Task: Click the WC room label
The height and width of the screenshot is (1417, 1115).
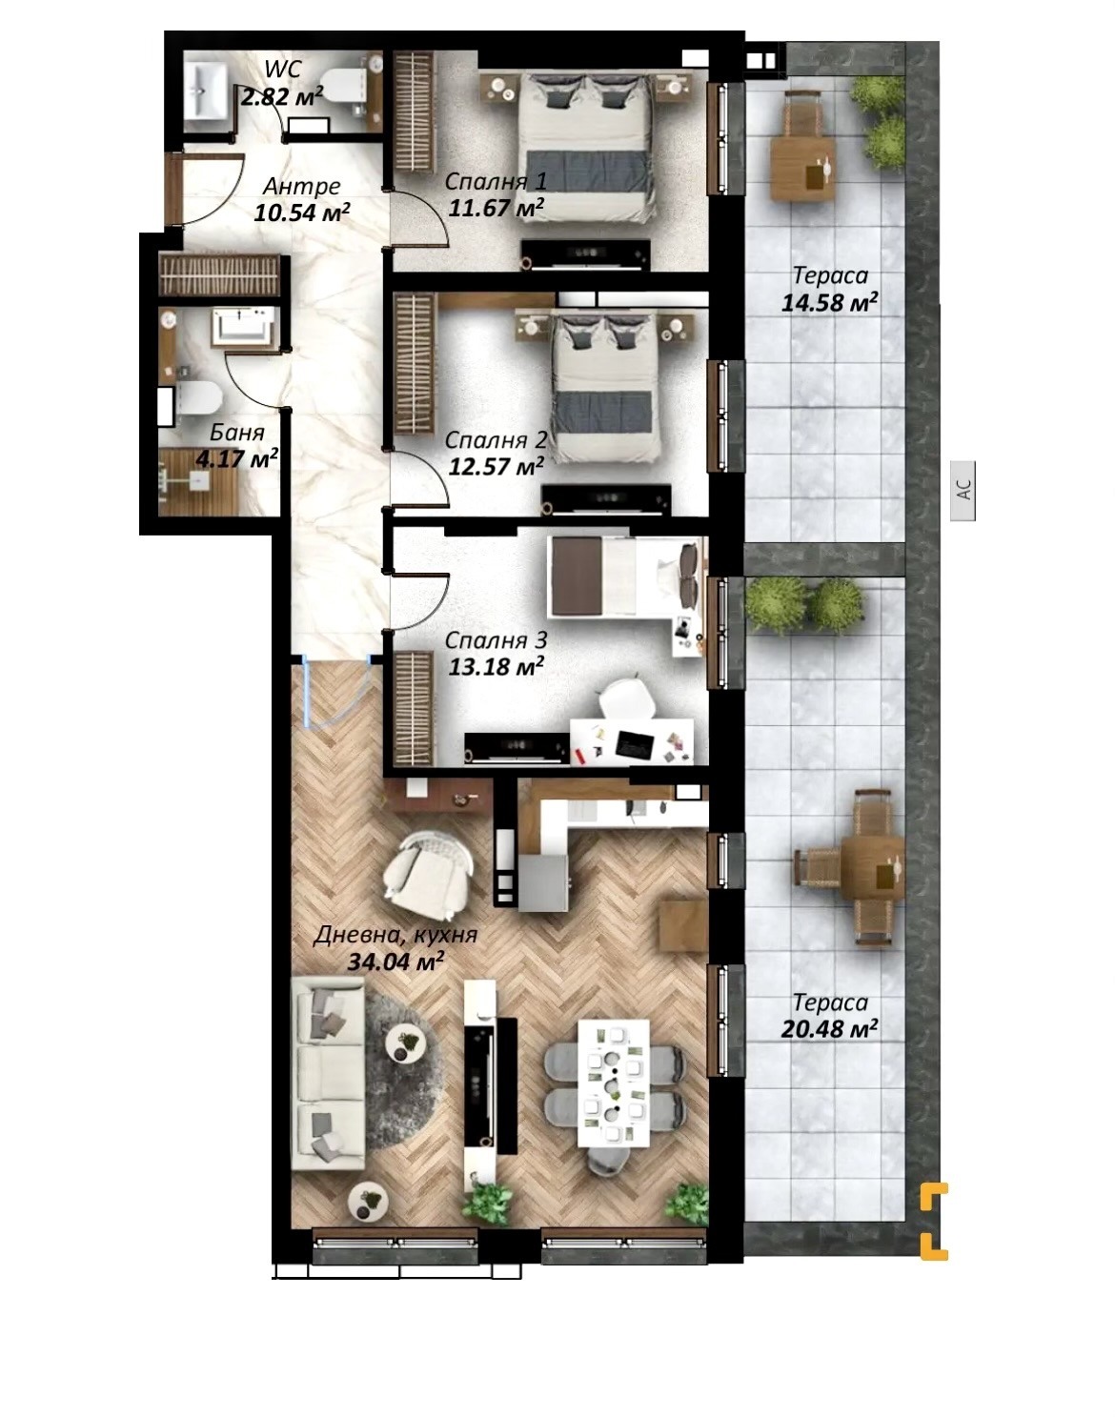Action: coord(282,69)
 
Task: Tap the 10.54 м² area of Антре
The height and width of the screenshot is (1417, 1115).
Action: coord(302,213)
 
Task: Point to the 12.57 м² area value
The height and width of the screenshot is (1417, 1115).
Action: coord(496,466)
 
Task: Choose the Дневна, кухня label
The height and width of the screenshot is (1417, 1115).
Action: coord(395,935)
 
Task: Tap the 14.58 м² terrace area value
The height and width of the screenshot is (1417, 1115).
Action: coord(829,303)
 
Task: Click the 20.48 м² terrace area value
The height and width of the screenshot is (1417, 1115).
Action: coord(829,1028)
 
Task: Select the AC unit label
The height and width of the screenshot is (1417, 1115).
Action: coord(963,491)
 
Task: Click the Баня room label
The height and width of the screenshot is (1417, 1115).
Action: coord(237,433)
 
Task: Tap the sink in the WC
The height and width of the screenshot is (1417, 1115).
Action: coord(206,91)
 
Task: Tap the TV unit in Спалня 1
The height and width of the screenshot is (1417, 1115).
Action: coord(585,253)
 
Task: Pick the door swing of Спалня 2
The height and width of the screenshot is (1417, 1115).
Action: coord(429,479)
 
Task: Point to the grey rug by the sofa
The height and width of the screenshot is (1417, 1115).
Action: coord(395,1055)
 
